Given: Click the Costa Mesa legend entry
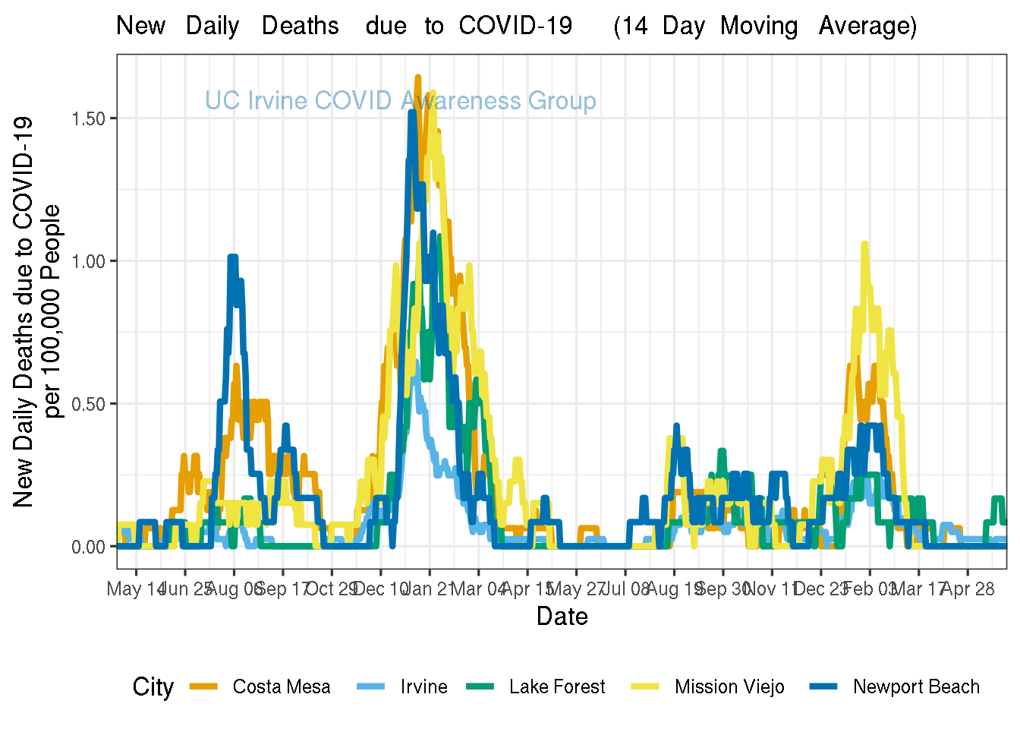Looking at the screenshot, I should [x=281, y=687].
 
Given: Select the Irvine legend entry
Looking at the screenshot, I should [x=423, y=687].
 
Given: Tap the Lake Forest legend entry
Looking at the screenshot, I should [x=557, y=687].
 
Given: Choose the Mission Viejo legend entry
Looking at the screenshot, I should [x=729, y=687].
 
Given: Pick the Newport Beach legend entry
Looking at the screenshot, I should [x=916, y=687].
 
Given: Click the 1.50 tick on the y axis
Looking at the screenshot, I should [x=89, y=118].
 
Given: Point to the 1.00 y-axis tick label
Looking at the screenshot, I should [x=89, y=261].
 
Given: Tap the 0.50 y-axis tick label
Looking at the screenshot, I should [x=89, y=404].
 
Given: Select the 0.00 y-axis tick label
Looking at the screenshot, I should [x=89, y=547].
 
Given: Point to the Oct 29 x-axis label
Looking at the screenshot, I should [x=332, y=589].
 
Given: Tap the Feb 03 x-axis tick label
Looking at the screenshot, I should [x=870, y=589].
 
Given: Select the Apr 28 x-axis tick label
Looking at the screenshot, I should [x=968, y=589].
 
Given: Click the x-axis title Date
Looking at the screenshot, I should [x=562, y=616].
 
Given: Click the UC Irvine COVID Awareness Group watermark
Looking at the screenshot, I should [x=401, y=101].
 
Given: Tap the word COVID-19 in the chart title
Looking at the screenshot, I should [x=515, y=26].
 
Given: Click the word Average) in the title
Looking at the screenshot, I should [x=867, y=26].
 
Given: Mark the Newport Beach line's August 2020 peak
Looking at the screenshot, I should [x=233, y=257].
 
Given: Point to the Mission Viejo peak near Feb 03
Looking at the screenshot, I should [x=864, y=245].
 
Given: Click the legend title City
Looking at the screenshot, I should [x=153, y=687].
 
